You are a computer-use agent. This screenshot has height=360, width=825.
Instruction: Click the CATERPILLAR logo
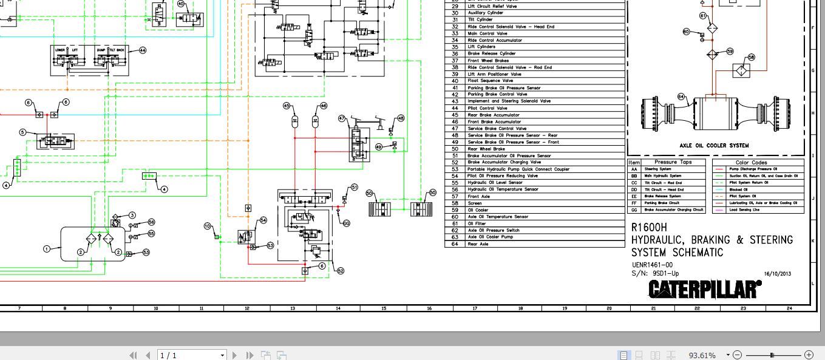pos(704,290)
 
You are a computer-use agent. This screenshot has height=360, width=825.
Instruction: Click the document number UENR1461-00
pos(652,265)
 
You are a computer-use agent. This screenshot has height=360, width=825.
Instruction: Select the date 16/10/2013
pos(778,274)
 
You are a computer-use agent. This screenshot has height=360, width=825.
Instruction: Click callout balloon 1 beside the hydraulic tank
pos(46,248)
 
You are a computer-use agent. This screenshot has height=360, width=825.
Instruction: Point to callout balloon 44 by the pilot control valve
pos(143,50)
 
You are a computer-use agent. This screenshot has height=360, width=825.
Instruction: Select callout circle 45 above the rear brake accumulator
pos(287,106)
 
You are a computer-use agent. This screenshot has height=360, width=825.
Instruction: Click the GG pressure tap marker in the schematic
pos(347,223)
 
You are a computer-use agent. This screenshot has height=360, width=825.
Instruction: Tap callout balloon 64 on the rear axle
pos(681,97)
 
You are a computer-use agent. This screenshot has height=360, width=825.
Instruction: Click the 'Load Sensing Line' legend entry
pos(741,209)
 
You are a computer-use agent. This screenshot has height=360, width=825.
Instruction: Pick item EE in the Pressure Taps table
pos(634,196)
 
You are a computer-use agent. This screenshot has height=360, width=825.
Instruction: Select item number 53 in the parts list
pos(455,169)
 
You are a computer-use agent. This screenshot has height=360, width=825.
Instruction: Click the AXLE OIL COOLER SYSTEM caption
pos(714,146)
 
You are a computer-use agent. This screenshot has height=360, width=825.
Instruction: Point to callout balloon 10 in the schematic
pos(207,226)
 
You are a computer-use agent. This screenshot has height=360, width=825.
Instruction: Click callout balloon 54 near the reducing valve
pos(263,220)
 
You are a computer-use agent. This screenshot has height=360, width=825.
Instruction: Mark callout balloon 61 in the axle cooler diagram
pos(703,16)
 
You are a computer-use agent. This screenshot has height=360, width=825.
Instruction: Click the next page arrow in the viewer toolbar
pos(235,355)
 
